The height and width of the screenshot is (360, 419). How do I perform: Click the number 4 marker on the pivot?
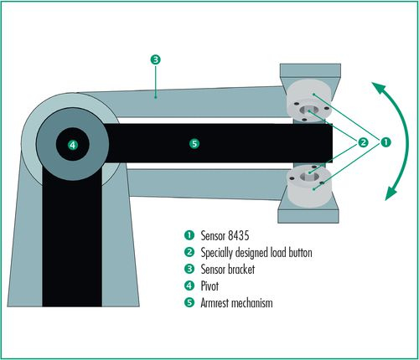[x=73, y=145]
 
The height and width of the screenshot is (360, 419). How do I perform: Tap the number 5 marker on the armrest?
[x=194, y=144]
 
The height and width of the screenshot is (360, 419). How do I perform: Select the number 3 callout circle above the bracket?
[x=156, y=59]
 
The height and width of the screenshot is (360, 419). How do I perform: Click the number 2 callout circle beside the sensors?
[x=363, y=142]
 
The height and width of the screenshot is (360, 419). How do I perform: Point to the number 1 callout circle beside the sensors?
[x=385, y=142]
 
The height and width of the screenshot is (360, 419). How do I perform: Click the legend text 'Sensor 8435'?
[x=225, y=235]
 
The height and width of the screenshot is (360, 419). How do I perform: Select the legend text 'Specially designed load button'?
[x=256, y=253]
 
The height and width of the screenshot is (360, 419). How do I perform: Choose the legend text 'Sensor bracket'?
[x=228, y=270]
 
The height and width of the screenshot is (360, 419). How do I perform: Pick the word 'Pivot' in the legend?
[x=209, y=286]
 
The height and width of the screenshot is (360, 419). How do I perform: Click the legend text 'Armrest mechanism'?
[x=236, y=303]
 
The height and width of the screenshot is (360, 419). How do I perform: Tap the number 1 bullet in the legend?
[x=189, y=235]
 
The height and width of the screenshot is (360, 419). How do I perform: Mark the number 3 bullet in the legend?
[x=189, y=269]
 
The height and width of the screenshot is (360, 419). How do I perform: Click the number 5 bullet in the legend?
[x=189, y=302]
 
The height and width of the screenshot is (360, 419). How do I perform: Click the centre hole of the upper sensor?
[x=309, y=110]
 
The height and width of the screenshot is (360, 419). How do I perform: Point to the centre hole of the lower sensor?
[x=309, y=176]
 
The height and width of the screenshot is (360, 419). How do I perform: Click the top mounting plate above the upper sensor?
[x=310, y=70]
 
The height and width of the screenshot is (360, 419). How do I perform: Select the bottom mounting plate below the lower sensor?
[x=308, y=216]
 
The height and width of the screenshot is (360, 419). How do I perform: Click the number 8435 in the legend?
[x=238, y=235]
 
